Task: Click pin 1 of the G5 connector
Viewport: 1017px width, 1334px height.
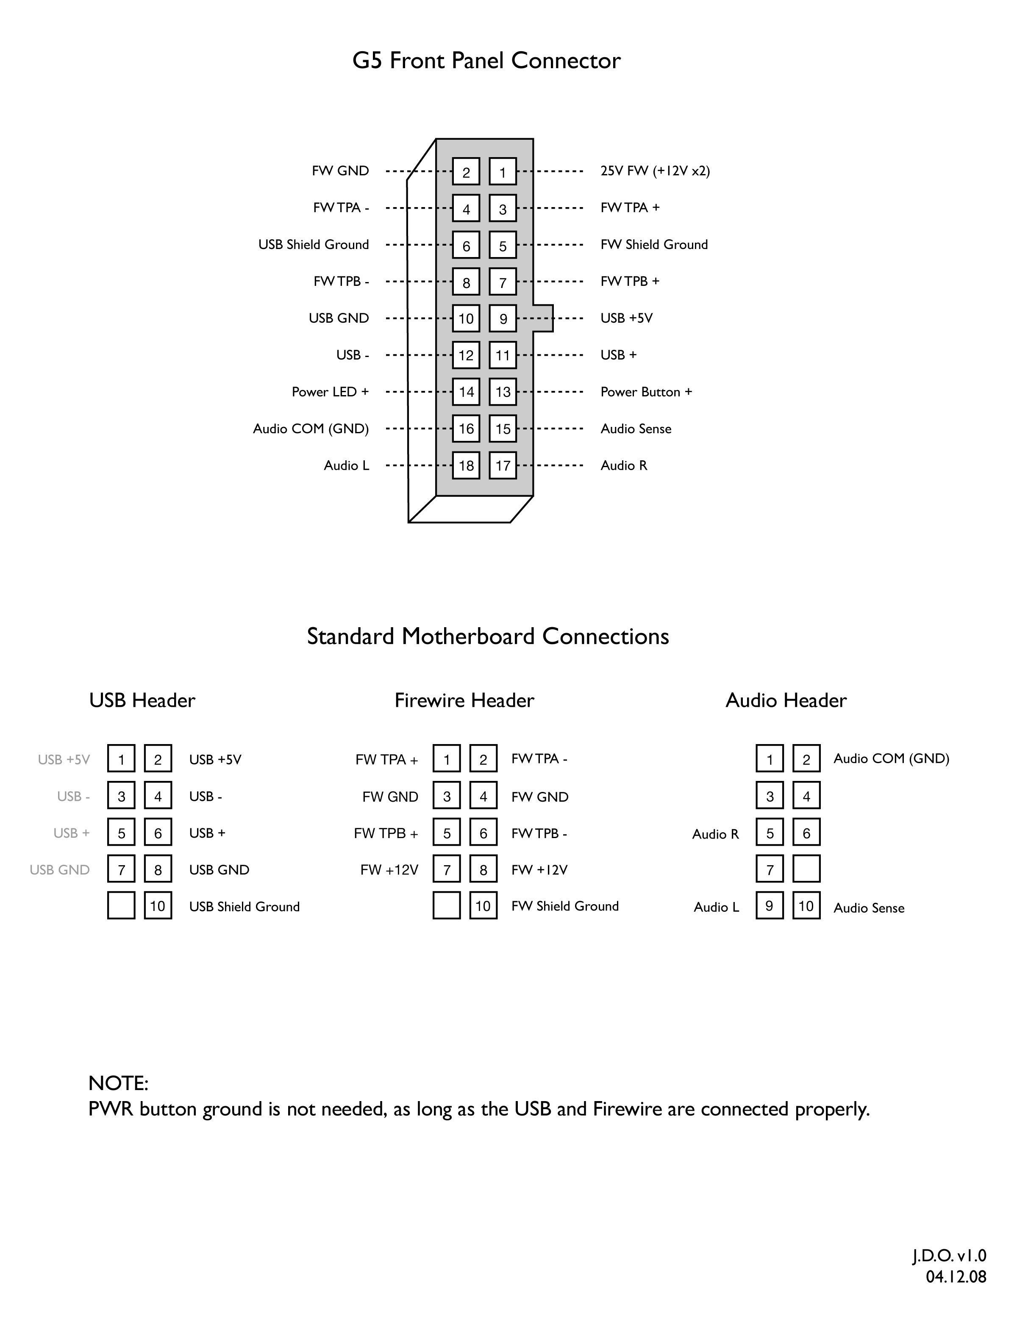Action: point(503,172)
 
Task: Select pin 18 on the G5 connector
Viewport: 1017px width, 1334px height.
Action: point(466,466)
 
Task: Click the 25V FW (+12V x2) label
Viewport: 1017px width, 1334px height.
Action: point(655,171)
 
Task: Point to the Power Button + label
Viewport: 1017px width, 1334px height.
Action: point(646,392)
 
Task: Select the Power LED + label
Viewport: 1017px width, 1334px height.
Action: point(330,392)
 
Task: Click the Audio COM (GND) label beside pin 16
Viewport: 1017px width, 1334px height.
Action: point(311,429)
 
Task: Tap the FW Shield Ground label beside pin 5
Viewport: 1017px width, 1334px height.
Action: point(654,245)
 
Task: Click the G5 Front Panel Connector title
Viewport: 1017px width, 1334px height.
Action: point(486,61)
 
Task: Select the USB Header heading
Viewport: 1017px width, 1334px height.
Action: point(142,700)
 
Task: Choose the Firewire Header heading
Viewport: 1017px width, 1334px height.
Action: point(464,700)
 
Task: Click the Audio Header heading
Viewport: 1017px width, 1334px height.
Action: point(786,700)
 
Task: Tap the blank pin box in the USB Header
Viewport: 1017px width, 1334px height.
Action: point(121,906)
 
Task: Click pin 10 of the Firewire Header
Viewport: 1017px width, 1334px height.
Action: point(483,906)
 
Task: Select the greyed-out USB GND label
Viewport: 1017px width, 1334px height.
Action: point(59,870)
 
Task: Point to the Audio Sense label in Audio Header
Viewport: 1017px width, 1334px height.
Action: point(869,908)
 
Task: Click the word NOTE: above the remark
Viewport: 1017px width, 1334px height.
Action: point(119,1083)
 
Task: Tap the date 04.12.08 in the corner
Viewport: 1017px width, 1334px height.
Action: point(956,1276)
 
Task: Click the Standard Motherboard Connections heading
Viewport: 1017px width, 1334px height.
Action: point(488,637)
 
